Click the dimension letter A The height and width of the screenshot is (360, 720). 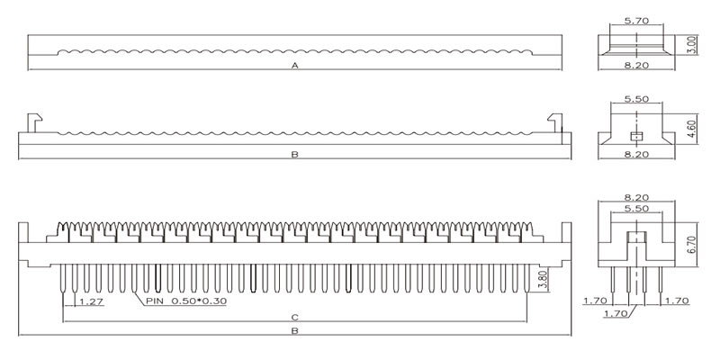[295, 66]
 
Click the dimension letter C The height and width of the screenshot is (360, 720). [295, 318]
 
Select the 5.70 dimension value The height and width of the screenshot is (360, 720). [636, 21]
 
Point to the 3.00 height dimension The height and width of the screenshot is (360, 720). [693, 45]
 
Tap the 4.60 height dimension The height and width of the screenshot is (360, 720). [693, 129]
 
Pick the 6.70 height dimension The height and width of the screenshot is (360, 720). [693, 244]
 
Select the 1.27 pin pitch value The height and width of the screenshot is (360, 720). [91, 301]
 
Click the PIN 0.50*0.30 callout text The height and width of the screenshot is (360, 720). [186, 301]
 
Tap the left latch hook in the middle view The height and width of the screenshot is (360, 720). [34, 122]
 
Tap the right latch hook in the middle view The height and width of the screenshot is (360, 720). [555, 122]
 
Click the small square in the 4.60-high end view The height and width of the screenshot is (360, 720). [636, 136]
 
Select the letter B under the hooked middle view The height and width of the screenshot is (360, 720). [295, 155]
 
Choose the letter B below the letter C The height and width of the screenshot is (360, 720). [295, 330]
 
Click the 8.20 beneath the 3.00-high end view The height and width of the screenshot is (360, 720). [636, 66]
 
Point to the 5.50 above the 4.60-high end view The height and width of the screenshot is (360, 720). [636, 99]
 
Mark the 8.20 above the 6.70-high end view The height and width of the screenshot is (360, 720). [636, 197]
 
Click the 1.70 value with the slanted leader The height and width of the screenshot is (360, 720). [616, 314]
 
